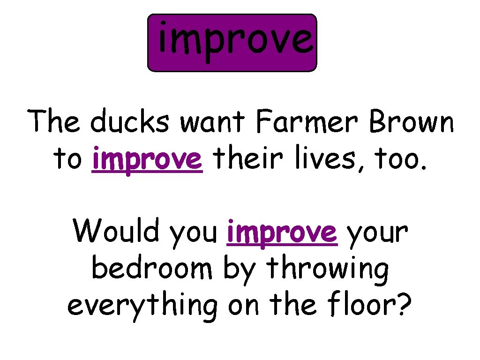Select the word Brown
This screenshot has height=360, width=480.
412,123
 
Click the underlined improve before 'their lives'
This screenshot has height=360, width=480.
148,159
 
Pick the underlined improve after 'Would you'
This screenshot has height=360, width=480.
281,232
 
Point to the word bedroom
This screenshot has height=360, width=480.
151,268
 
